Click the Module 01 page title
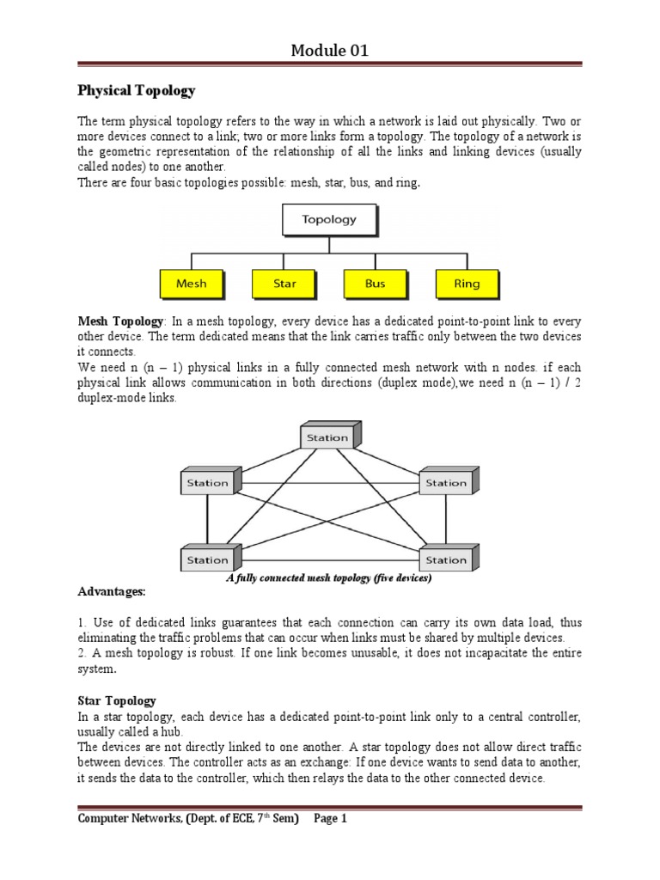(x=329, y=51)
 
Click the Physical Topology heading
(x=137, y=90)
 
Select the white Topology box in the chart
(x=329, y=219)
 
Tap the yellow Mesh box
(x=191, y=283)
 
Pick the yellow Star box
(x=284, y=283)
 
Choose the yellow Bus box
(x=375, y=283)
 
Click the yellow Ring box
(x=467, y=283)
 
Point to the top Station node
(x=327, y=437)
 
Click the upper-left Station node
(x=208, y=482)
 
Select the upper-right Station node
(x=446, y=482)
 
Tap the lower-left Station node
(x=208, y=559)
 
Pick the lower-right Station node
(x=446, y=559)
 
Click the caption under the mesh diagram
(x=328, y=578)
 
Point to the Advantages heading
(x=112, y=592)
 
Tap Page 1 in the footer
(x=330, y=819)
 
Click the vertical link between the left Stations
(x=207, y=521)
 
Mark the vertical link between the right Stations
(x=447, y=521)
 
